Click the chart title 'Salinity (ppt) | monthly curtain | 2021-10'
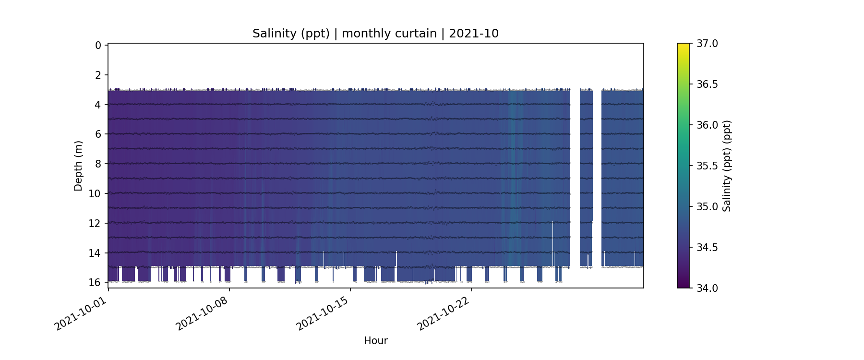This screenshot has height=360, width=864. coord(375,34)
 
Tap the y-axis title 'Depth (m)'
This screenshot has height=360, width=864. coord(78,166)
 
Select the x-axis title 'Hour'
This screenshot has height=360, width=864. coord(375,341)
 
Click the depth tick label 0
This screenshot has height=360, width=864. coord(98,46)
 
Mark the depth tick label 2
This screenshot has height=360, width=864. coord(98,75)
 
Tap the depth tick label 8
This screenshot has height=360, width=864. coord(98,164)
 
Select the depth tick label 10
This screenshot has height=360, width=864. coord(95,194)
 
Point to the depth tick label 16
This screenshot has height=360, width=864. coord(95,282)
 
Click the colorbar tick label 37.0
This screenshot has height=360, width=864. coord(707,44)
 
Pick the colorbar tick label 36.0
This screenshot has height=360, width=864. coord(707,125)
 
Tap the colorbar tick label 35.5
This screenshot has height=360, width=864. coord(707,166)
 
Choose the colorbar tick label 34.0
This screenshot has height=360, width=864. coord(707,288)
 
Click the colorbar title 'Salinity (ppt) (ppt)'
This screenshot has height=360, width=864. coord(727,166)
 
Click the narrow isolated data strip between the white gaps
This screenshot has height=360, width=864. coord(586,178)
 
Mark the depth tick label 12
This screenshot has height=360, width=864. coord(95,223)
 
